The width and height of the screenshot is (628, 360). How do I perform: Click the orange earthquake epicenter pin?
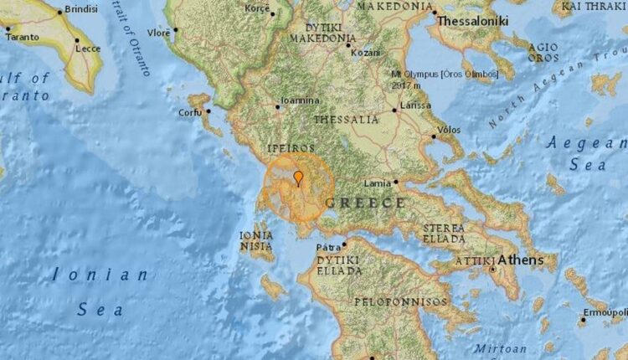click(x=298, y=177)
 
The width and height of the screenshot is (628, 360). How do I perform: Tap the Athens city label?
click(x=521, y=260)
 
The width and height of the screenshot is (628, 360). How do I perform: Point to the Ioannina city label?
click(x=300, y=100)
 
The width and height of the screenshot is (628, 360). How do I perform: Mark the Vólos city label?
click(x=450, y=131)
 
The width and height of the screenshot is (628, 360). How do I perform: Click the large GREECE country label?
click(x=365, y=203)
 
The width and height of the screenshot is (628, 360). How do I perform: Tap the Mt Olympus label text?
click(x=444, y=75)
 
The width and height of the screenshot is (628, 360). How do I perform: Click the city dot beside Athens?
click(x=492, y=269)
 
